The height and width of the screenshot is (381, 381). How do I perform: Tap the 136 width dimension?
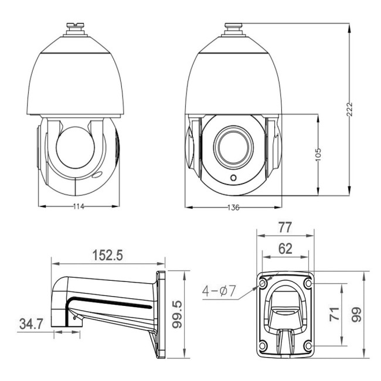[233, 207]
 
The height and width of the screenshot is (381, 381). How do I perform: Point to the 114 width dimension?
[79, 206]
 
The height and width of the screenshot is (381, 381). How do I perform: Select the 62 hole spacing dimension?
[285, 247]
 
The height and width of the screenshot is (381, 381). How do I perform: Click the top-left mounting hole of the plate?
[262, 284]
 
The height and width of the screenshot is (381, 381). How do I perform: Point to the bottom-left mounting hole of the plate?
[262, 346]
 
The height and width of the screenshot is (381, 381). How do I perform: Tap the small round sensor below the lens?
[233, 178]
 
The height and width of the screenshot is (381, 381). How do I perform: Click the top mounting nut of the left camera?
[75, 26]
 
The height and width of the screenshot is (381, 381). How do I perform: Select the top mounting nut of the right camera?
[233, 26]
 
